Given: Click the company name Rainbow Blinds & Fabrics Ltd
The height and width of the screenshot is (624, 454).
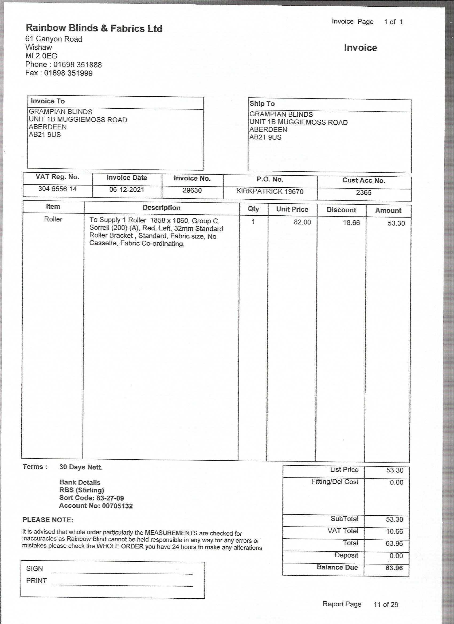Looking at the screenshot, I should (x=94, y=28).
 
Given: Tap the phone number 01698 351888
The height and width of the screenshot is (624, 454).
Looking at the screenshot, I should (x=78, y=65).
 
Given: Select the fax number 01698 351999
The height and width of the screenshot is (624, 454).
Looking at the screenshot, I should (x=69, y=73).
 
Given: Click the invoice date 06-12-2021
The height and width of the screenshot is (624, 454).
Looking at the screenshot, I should (x=127, y=190).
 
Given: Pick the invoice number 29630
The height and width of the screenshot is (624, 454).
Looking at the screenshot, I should (x=192, y=190).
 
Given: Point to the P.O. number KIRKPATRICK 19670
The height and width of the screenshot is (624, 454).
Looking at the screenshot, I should (x=270, y=191).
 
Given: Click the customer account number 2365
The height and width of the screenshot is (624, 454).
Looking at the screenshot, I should (x=364, y=193).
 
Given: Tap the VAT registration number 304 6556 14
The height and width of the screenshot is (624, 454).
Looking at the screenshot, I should (x=57, y=189).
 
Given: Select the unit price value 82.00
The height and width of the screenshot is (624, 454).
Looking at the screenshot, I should (x=302, y=222).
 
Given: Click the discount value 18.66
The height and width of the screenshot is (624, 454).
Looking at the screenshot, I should (x=351, y=223).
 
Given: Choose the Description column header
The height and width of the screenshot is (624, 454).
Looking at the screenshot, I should (x=161, y=208).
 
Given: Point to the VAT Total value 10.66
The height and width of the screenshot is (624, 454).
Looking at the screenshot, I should (x=394, y=531).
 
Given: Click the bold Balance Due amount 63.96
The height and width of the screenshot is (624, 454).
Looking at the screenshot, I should (x=394, y=568).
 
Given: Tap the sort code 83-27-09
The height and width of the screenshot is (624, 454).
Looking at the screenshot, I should (x=110, y=498).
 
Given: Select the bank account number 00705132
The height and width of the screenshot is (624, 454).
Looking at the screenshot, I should (x=117, y=506).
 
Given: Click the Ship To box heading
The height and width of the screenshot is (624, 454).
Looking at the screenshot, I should (x=262, y=104).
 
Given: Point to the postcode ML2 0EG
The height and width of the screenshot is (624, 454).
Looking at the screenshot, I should (x=41, y=56).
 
